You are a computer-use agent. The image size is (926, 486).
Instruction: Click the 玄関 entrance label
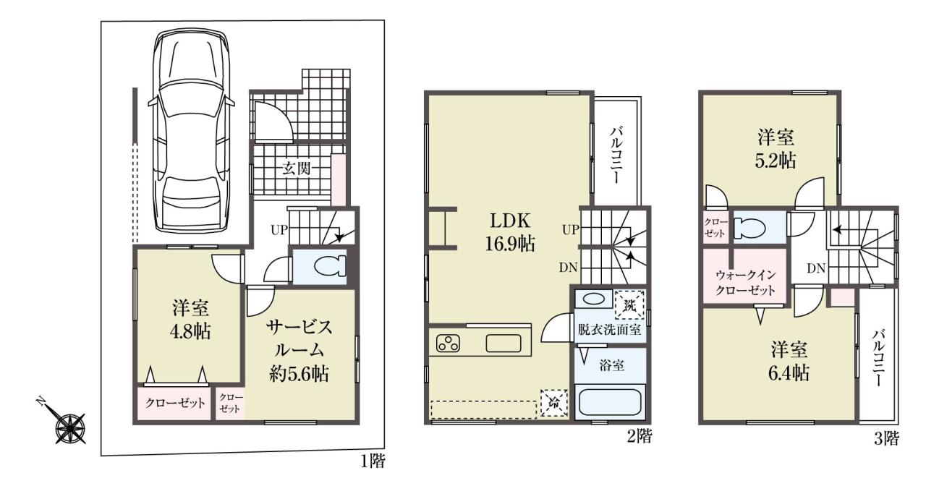pyautogui.click(x=297, y=169)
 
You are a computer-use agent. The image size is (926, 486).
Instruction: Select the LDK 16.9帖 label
pyautogui.click(x=510, y=233)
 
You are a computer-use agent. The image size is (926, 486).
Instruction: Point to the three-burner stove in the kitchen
pyautogui.click(x=448, y=344)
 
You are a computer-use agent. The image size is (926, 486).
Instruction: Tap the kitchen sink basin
pyautogui.click(x=503, y=344)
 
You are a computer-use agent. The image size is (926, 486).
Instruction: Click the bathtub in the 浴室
pyautogui.click(x=610, y=402)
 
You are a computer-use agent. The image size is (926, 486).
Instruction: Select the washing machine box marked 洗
pyautogui.click(x=629, y=305)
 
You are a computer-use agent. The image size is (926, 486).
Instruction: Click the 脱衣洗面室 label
pyautogui.click(x=609, y=330)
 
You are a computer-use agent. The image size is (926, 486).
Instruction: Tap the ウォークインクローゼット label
pyautogui.click(x=745, y=282)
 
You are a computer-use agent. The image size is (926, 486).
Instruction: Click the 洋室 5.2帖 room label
pyautogui.click(x=776, y=149)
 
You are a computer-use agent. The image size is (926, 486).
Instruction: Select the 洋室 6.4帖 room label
pyautogui.click(x=789, y=362)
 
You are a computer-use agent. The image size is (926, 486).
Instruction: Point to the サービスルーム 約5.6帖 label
pyautogui.click(x=299, y=351)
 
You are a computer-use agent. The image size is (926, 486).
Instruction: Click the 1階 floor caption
pyautogui.click(x=373, y=461)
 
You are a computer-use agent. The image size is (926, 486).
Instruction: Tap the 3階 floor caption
pyautogui.click(x=886, y=438)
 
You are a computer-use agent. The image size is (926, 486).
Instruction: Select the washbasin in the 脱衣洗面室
pyautogui.click(x=594, y=299)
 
